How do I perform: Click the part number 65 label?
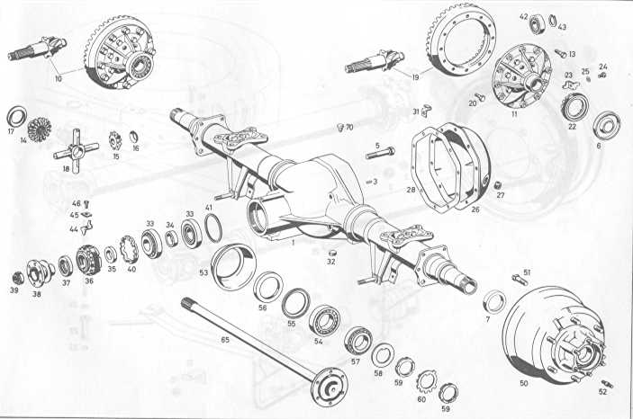pyautogui.click(x=225, y=340)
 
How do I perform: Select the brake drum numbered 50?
pyautogui.click(x=554, y=335)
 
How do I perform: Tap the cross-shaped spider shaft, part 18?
pyautogui.click(x=76, y=151)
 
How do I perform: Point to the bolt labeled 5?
pyautogui.click(x=381, y=154)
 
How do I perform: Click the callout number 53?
pyautogui.click(x=203, y=272)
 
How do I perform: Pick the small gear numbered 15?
pyautogui.click(x=115, y=141)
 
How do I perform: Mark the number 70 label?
pyautogui.click(x=349, y=128)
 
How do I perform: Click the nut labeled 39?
pyautogui.click(x=17, y=278)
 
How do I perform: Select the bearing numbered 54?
pyautogui.click(x=324, y=319)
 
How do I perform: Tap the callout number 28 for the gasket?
pyautogui.click(x=411, y=190)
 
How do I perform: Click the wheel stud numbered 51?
pyautogui.click(x=519, y=279)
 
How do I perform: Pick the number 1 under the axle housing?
pyautogui.click(x=294, y=243)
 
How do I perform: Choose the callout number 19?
pyautogui.click(x=415, y=77)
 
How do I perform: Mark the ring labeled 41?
pyautogui.click(x=213, y=228)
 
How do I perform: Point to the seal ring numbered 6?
pyautogui.click(x=607, y=125)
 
